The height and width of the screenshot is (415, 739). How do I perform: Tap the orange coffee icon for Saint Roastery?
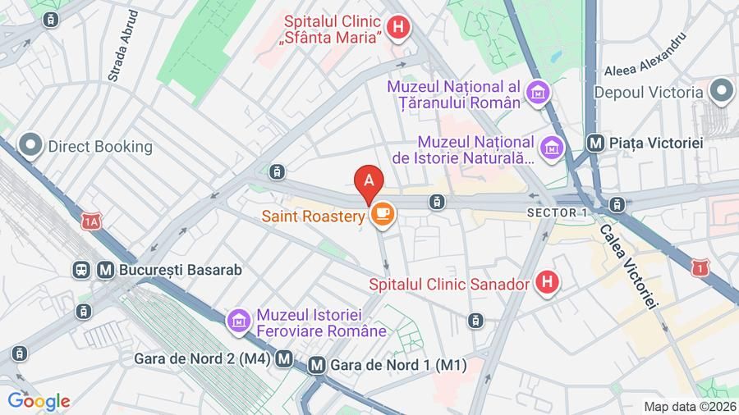382,215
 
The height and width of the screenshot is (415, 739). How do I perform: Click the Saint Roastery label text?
313,217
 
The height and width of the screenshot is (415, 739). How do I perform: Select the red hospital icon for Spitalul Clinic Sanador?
547,285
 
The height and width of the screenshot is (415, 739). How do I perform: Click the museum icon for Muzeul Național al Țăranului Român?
539,94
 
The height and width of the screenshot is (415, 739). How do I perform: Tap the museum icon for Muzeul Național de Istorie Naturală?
552,147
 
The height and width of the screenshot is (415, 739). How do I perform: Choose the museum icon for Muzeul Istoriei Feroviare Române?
239,322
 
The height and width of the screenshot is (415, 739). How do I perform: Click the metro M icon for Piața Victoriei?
597,143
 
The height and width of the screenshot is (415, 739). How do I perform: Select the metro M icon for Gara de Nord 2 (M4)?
285,358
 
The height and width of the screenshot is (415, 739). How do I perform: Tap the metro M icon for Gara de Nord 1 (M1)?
317,366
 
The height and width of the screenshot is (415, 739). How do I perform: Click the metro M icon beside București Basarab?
105,269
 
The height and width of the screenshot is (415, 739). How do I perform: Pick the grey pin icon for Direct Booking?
31,147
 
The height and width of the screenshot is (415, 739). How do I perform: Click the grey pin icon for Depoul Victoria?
722,92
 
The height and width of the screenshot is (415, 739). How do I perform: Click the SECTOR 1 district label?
558,213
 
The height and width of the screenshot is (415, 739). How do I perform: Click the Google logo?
39,401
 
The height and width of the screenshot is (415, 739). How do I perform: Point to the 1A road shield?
90,221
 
